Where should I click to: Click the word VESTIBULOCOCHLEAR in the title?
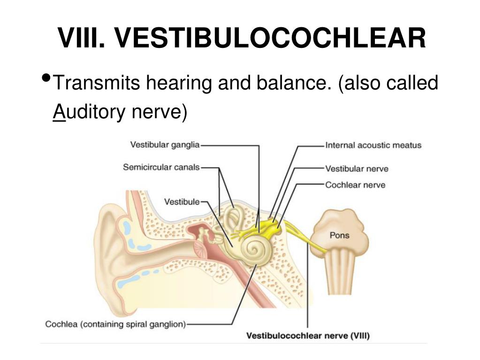tap(270, 38)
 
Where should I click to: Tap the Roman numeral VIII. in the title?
tap(82, 38)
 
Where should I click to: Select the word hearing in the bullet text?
tap(179, 83)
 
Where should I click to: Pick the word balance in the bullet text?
tap(291, 83)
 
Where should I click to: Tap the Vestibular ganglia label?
tap(165, 145)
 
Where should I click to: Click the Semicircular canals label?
tap(161, 167)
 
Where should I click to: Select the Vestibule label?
tap(182, 202)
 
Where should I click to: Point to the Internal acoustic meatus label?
tap(373, 145)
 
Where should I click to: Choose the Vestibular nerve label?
tap(357, 169)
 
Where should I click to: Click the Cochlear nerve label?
tap(355, 185)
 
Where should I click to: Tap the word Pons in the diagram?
tap(340, 235)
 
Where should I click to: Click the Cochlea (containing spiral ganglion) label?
tap(115, 324)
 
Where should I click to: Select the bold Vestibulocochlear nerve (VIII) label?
tap(308, 336)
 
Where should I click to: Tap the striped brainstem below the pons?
tap(340, 272)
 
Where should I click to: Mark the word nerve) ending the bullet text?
tap(160, 112)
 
